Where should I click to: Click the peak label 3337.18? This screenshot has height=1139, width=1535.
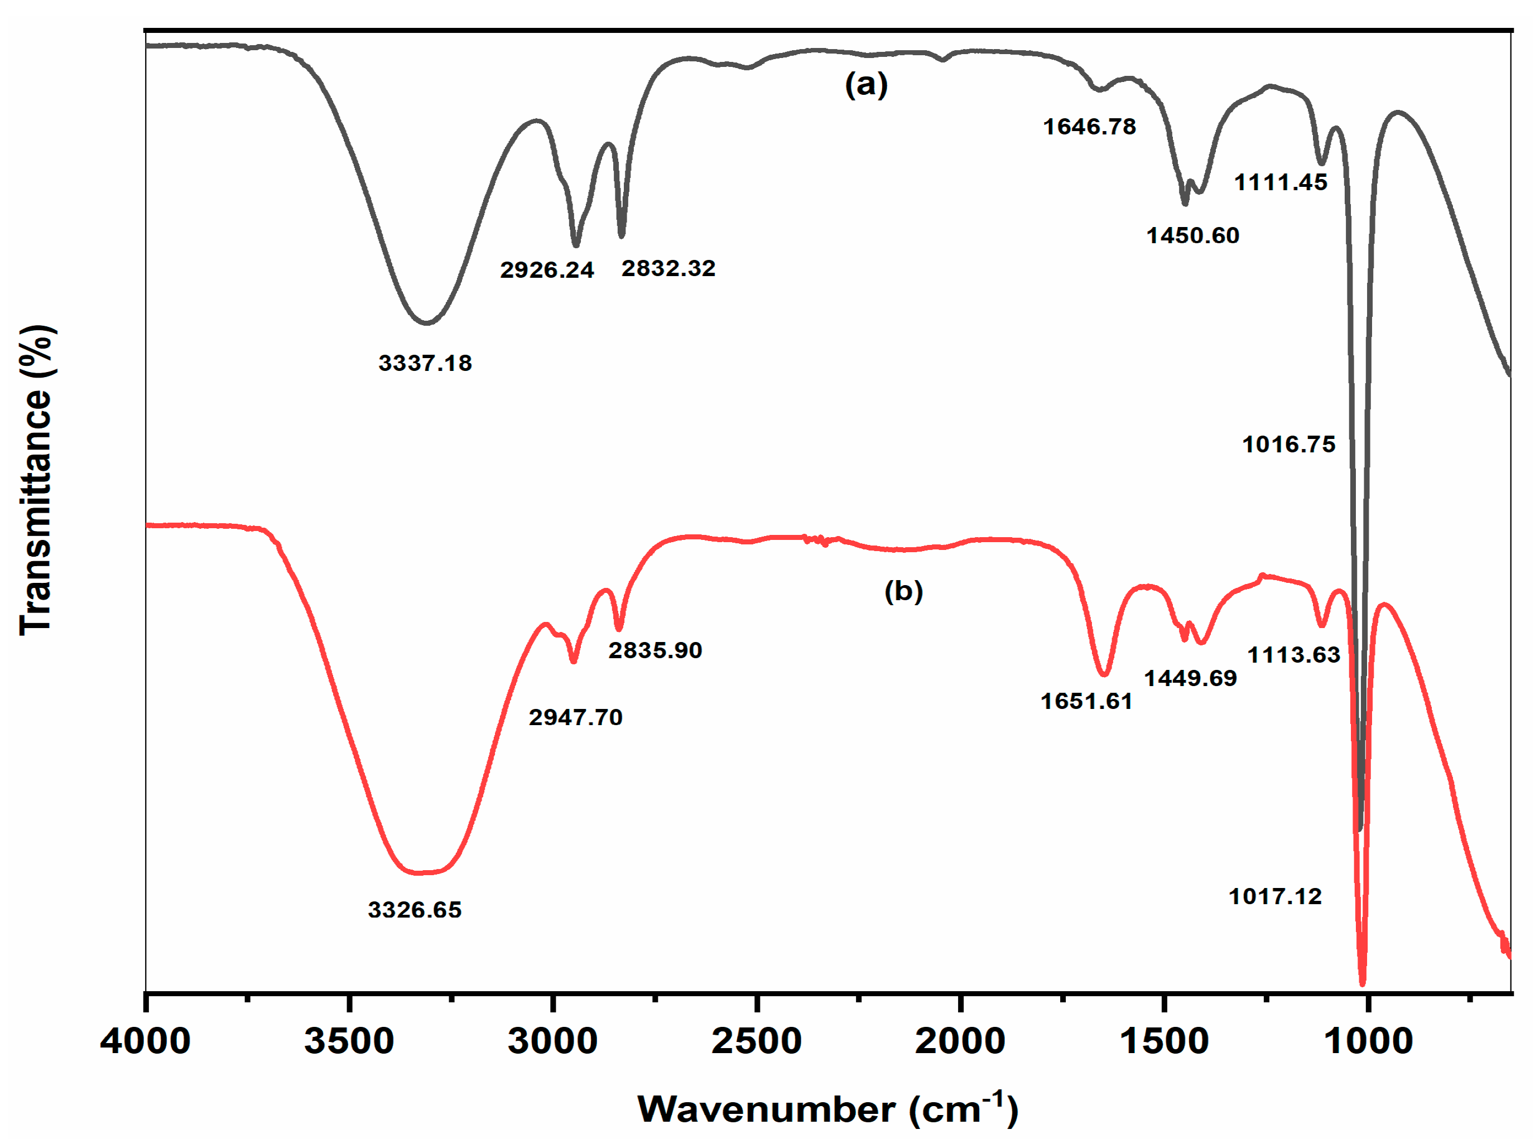point(426,363)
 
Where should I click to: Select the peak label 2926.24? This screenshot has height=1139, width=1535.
point(547,269)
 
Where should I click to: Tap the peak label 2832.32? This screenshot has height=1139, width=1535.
point(668,268)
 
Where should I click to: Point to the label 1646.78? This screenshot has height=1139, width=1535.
point(1090,127)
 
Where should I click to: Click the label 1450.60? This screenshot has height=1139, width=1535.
point(1193,236)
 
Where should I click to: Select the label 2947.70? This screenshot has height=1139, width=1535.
point(576,718)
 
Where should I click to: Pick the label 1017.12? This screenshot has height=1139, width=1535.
point(1275,897)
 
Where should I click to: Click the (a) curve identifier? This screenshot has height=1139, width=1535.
point(866,85)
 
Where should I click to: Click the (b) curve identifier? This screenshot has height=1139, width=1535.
point(903,591)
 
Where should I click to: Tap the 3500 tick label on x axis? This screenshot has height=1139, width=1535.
point(349,1041)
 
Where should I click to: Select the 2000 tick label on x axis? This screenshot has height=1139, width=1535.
point(960,1041)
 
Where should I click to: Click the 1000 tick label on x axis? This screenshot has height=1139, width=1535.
point(1368,1041)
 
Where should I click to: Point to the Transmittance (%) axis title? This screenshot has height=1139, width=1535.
point(36,479)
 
